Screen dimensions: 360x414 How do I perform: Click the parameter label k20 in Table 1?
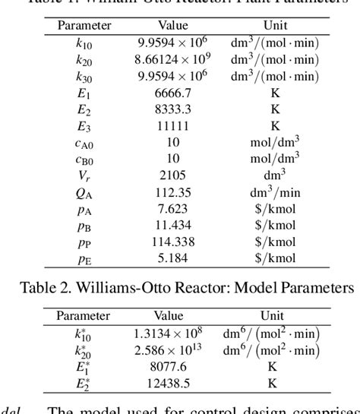(84, 58)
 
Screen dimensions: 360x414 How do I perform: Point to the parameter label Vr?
(84, 175)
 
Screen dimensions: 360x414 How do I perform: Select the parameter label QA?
(84, 192)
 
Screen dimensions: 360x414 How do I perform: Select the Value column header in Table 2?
(169, 315)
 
